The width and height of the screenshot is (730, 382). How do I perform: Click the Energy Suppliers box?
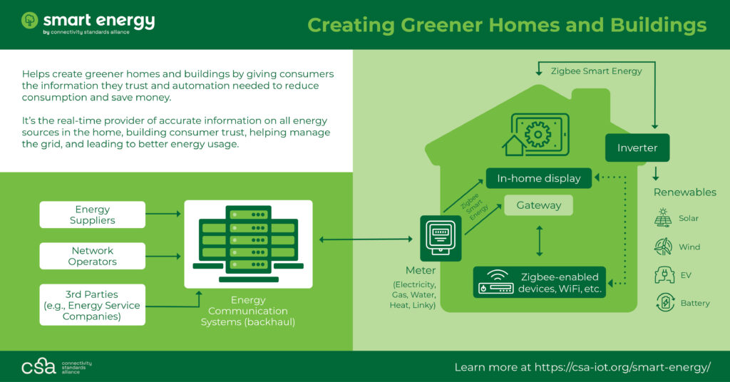pos(92,215)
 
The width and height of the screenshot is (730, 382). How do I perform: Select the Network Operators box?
pos(92,256)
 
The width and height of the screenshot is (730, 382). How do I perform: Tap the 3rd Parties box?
pos(92,305)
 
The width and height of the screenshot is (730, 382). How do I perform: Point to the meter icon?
pos(441,238)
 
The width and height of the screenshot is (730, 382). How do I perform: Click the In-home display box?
pos(539,178)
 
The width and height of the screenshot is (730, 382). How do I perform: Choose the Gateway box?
pos(539,205)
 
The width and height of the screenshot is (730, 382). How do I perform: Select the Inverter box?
pos(637,148)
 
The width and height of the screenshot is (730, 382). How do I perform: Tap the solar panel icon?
pos(663,218)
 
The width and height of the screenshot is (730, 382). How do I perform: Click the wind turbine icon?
pos(663,247)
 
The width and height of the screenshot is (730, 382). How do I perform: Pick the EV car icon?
pos(664,275)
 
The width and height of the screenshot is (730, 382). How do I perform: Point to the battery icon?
pos(665,302)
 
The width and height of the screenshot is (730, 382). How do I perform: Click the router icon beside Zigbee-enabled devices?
pos(496,282)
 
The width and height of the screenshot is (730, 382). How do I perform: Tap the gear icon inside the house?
pos(538,134)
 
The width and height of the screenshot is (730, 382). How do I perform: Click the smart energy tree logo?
pos(29,21)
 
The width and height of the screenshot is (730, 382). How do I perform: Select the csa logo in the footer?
pos(38,366)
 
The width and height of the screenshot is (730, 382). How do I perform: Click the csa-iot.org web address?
pos(622,367)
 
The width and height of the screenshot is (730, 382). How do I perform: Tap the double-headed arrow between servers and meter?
pos(366,239)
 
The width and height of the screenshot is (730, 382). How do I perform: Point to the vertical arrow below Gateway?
pos(539,241)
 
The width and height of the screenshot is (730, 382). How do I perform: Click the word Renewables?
pos(685,192)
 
